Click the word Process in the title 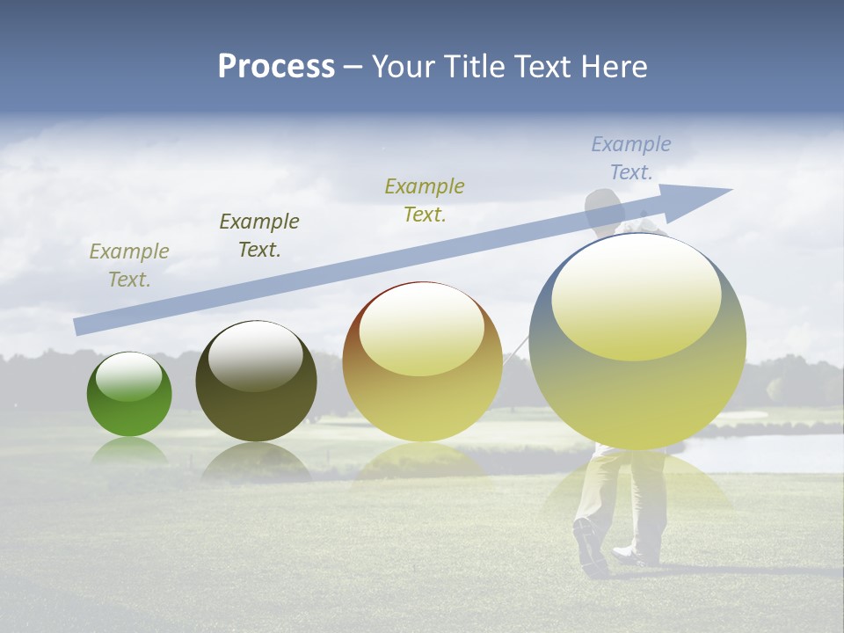click(276, 67)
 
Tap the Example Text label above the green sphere click(129, 266)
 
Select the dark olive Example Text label click(259, 236)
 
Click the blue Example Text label click(631, 158)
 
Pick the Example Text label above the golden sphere click(425, 200)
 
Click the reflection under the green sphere click(129, 451)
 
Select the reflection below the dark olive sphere click(256, 461)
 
